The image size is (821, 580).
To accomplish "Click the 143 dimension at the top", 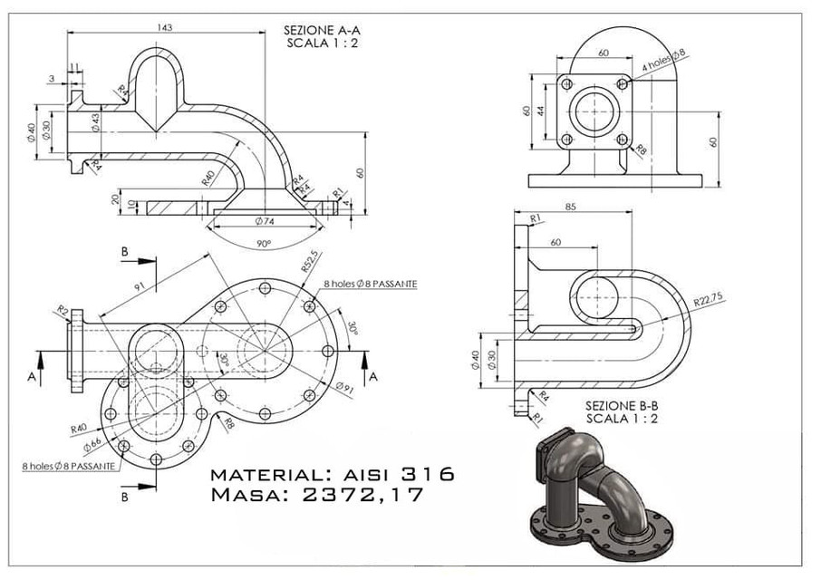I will (165, 28).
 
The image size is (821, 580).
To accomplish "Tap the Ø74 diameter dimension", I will (266, 221).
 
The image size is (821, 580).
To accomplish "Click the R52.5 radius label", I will (310, 262).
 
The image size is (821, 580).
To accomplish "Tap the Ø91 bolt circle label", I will (344, 388).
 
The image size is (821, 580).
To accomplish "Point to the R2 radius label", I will (63, 312).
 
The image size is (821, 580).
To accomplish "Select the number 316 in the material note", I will (418, 475).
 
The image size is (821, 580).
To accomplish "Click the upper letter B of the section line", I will (124, 249).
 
